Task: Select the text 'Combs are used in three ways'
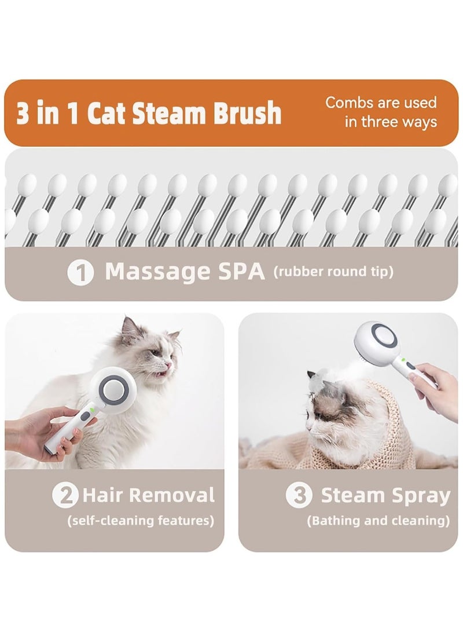[x=381, y=112]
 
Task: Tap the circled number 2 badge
[x=65, y=496]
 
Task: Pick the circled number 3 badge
[x=299, y=496]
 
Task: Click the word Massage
[x=157, y=272]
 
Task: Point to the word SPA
[x=238, y=272]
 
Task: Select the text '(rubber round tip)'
[x=333, y=272]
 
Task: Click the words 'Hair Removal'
[x=148, y=495]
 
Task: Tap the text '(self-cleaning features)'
[x=141, y=521]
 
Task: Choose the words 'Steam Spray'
[x=385, y=496]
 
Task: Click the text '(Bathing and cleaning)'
[x=378, y=521]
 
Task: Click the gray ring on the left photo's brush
[x=111, y=389]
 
